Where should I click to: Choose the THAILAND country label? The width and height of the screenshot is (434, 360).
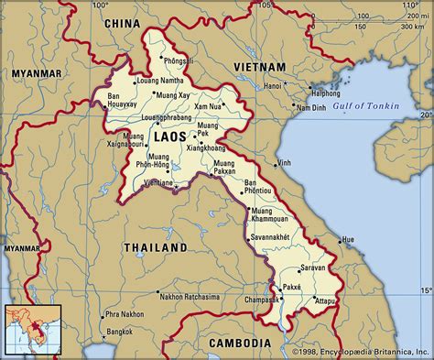[x=156, y=247]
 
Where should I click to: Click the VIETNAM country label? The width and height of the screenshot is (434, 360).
[x=261, y=67]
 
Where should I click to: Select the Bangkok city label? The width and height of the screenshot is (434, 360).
[x=114, y=329]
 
